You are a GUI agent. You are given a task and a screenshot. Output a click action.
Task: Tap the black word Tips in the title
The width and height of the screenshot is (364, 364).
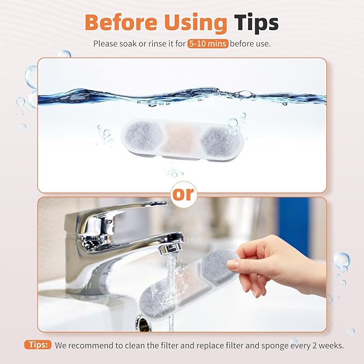[256, 23]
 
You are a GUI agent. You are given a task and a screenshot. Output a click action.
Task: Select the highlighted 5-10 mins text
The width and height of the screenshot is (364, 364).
[207, 43]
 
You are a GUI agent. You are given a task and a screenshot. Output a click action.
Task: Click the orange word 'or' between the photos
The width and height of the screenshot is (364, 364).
[182, 194]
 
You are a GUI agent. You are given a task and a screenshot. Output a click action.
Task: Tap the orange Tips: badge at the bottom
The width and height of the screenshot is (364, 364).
[37, 345]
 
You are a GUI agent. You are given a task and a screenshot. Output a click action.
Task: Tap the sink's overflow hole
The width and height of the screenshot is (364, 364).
[143, 323]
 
